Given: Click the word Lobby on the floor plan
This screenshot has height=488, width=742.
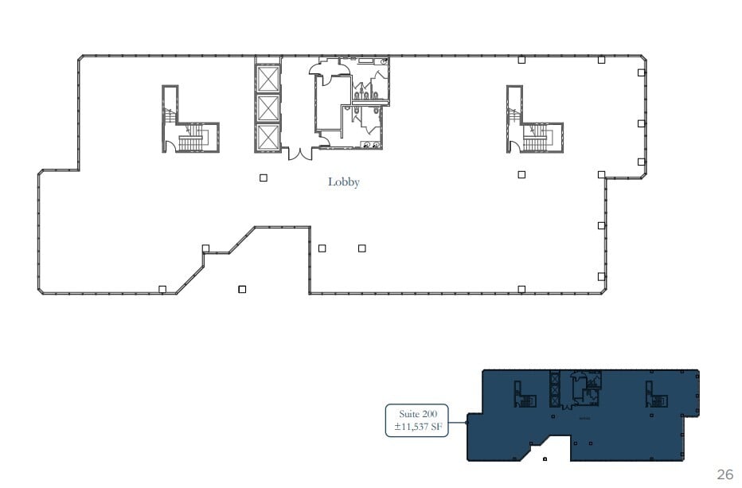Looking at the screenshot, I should coord(344,182).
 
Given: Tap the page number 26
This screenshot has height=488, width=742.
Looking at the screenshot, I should coord(724,475).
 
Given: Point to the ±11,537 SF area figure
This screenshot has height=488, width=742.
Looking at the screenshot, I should coord(418,428).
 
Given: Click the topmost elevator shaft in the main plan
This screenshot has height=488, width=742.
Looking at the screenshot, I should coord(268,79).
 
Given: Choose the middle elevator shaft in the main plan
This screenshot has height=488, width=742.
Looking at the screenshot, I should coord(268,107).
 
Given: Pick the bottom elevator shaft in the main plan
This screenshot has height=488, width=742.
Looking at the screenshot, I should coord(268,137).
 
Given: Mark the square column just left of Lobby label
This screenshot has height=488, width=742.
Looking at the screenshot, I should coord(264,178).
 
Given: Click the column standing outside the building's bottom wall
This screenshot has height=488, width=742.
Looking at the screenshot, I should coord(242,289).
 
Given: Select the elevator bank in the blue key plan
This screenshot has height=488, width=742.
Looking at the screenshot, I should coord(555,390).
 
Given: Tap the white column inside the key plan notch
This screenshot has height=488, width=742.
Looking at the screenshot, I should coord(545,459).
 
